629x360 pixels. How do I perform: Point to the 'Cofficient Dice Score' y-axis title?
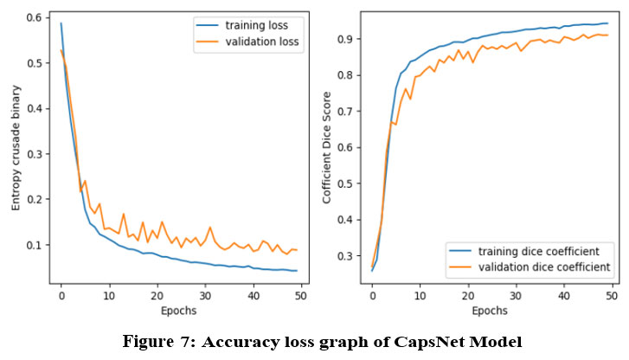pyautogui.click(x=328, y=150)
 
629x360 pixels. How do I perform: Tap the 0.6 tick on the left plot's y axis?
pyautogui.click(x=37, y=18)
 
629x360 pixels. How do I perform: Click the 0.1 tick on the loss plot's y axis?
pyautogui.click(x=37, y=246)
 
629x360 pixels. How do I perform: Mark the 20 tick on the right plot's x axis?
pyautogui.click(x=468, y=294)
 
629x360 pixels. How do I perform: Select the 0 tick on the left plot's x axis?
pyautogui.click(x=61, y=294)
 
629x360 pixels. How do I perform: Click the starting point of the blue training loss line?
pyautogui.click(x=61, y=23)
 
